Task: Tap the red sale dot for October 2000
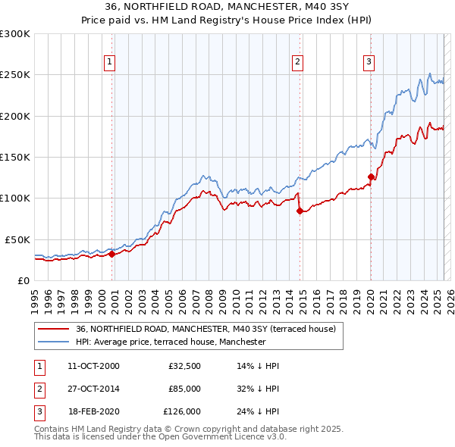click(x=111, y=254)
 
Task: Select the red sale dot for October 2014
click(x=300, y=211)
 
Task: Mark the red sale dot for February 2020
click(x=371, y=177)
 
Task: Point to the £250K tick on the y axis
click(x=15, y=75)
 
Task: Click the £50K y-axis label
click(x=17, y=239)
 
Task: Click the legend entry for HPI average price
click(x=171, y=342)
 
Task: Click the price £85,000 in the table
click(x=184, y=389)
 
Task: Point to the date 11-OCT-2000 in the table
click(x=93, y=366)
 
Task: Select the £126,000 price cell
click(x=182, y=411)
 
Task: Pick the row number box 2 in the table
click(x=37, y=389)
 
